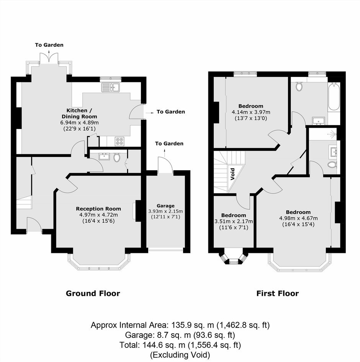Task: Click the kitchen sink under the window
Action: pyautogui.click(x=110, y=87)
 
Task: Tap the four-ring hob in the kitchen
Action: pyautogui.click(x=119, y=141)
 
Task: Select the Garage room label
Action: pyautogui.click(x=165, y=206)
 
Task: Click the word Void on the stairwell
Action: pyautogui.click(x=232, y=174)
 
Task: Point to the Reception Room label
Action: pyautogui.click(x=98, y=209)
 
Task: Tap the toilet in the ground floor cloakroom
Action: pyautogui.click(x=117, y=157)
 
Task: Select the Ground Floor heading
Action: pyautogui.click(x=93, y=294)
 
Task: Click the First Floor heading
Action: pyautogui.click(x=278, y=294)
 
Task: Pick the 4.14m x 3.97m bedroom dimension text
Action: pyautogui.click(x=251, y=112)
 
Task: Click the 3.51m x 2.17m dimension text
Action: pyautogui.click(x=234, y=222)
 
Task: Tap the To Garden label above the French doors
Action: pyautogui.click(x=49, y=45)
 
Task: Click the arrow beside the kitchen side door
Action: pyautogui.click(x=150, y=113)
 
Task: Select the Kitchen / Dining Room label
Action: pyautogui.click(x=79, y=113)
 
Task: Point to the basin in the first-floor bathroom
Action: pyautogui.click(x=318, y=121)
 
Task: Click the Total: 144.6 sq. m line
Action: pyautogui.click(x=180, y=345)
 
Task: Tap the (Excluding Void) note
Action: pyautogui.click(x=180, y=355)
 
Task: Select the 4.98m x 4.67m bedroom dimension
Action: pyautogui.click(x=298, y=218)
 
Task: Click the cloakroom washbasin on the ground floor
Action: pyautogui.click(x=105, y=157)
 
